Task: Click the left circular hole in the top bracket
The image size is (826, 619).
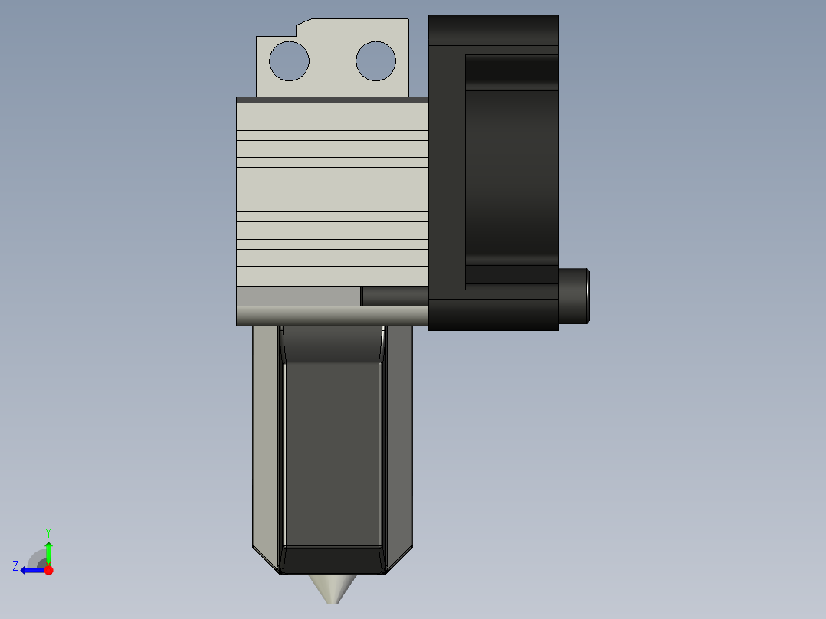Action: (x=289, y=61)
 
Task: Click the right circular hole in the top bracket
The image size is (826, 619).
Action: (x=375, y=61)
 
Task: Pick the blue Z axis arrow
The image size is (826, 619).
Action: (x=31, y=570)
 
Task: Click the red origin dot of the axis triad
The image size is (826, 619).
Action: (x=48, y=570)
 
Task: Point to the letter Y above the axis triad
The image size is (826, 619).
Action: (x=48, y=532)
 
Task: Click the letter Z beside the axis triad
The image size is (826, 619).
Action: (x=15, y=566)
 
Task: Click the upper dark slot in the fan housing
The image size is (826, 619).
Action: (x=511, y=70)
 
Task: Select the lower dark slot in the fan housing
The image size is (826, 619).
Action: (x=511, y=274)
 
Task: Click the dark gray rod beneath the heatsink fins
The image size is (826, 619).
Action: (x=395, y=296)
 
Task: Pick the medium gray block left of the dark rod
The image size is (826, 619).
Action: (x=298, y=296)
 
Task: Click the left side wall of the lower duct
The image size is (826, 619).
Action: (x=266, y=437)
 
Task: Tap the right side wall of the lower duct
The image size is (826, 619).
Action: (x=398, y=437)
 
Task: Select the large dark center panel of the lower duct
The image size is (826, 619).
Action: (x=332, y=452)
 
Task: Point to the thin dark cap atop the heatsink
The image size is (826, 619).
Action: (x=332, y=100)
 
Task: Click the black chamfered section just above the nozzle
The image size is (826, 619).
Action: (x=332, y=560)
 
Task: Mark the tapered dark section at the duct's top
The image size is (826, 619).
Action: (x=332, y=345)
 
